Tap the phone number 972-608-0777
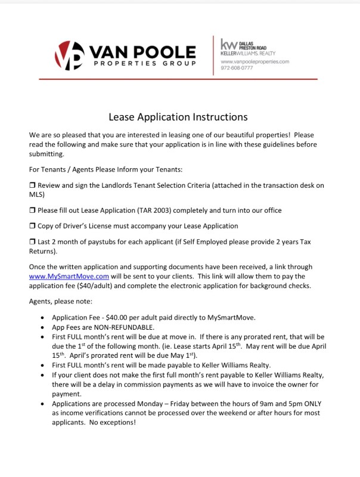pos(237,68)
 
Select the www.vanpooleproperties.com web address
pos(255,61)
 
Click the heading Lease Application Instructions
pos(178,117)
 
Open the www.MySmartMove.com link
pos(69,277)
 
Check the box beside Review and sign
pos(32,186)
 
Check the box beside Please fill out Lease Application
pos(32,210)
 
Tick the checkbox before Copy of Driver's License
pos(32,227)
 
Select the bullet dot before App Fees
pos(42,328)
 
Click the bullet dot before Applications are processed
pos(42,404)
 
